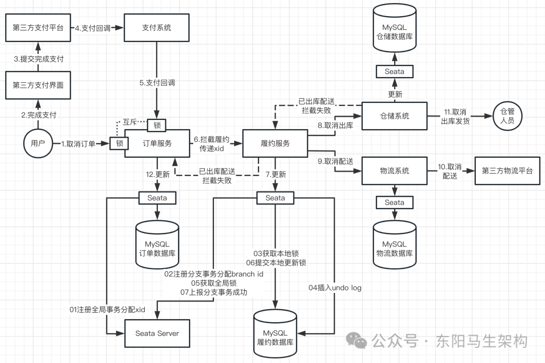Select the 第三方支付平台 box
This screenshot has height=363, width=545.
tap(38, 27)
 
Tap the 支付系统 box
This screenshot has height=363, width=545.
tap(156, 27)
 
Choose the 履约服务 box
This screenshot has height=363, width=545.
tap(275, 143)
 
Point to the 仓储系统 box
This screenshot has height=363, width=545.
tap(394, 116)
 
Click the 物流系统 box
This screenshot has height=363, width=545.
tap(394, 171)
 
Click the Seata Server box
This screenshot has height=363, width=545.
tap(157, 333)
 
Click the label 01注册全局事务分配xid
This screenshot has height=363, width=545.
tap(107, 309)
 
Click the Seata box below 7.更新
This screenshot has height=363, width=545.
tap(275, 198)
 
